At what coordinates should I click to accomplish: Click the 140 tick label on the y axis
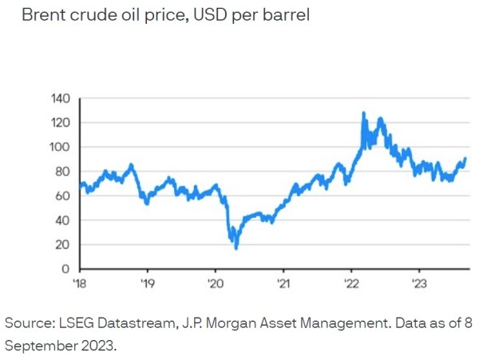coord(61,98)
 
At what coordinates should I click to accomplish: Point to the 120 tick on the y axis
coord(61,123)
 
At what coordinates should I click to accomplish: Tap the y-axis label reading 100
coord(61,147)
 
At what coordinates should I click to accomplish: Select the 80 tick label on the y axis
coord(64,172)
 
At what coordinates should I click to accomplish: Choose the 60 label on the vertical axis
coord(64,196)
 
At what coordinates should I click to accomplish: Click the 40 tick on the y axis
coord(64,220)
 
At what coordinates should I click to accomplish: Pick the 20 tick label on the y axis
coord(64,244)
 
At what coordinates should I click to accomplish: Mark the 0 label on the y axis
coord(67,269)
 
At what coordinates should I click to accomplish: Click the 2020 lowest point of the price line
coord(236,248)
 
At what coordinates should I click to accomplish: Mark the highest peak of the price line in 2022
coord(364,113)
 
